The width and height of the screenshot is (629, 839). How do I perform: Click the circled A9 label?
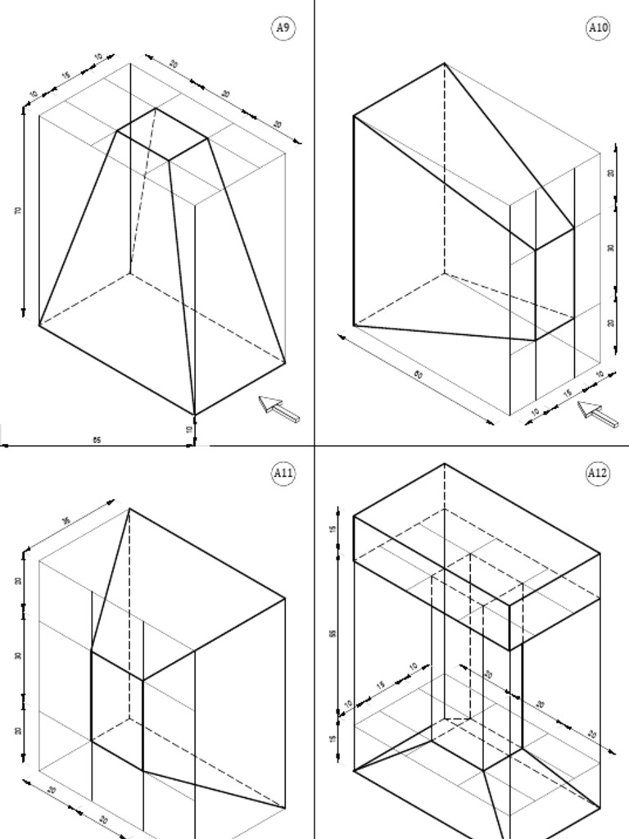point(283,28)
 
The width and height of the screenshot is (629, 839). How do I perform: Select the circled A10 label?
point(599,28)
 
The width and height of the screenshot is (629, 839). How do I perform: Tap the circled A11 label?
point(283,473)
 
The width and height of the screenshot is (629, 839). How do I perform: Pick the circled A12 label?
point(598,473)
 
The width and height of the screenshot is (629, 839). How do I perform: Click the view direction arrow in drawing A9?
point(278,408)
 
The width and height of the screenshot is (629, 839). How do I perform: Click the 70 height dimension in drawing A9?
point(18,211)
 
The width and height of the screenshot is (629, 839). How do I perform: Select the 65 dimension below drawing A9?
point(97,440)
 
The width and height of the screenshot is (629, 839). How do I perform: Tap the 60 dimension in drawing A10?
point(419,374)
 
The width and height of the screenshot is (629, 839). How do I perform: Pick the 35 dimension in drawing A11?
point(66,520)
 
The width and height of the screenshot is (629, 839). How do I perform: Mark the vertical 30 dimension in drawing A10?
point(611,247)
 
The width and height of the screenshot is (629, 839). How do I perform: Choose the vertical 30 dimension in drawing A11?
point(18,655)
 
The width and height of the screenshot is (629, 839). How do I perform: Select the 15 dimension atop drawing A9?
point(66,75)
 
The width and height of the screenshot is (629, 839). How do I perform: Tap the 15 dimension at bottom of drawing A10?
point(567,393)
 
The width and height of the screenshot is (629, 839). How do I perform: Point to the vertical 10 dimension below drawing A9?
point(189,429)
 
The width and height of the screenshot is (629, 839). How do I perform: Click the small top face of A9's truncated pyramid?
point(162,134)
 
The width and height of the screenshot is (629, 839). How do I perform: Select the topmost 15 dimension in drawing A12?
point(333,529)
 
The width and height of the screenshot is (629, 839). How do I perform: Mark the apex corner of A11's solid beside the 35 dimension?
point(129,509)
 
